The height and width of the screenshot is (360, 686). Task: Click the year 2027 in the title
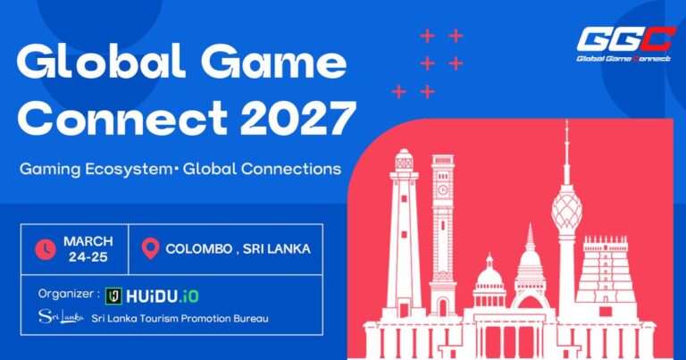tap(298, 118)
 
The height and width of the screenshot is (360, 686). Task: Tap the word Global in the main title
tap(101, 62)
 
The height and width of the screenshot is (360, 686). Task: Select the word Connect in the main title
tap(122, 118)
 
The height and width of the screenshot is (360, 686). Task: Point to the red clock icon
tap(46, 249)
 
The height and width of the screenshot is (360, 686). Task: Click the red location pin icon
tap(150, 248)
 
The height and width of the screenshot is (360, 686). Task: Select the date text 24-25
tap(88, 257)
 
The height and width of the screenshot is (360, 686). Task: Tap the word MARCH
tap(88, 241)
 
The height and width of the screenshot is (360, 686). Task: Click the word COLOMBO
tap(198, 249)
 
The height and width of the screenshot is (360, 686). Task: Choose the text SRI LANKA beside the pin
tap(277, 249)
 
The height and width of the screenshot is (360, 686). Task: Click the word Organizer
tap(65, 294)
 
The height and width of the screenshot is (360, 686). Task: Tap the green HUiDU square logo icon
tap(113, 297)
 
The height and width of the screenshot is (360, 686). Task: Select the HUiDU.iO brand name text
tap(163, 297)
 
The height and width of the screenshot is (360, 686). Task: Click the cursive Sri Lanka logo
tap(61, 316)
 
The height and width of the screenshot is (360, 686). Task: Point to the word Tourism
tap(155, 318)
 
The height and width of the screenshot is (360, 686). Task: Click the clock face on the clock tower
tap(443, 190)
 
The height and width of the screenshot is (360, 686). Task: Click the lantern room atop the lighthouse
tap(404, 162)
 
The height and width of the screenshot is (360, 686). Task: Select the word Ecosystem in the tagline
tap(129, 170)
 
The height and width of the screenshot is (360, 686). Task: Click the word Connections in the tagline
tap(291, 169)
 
